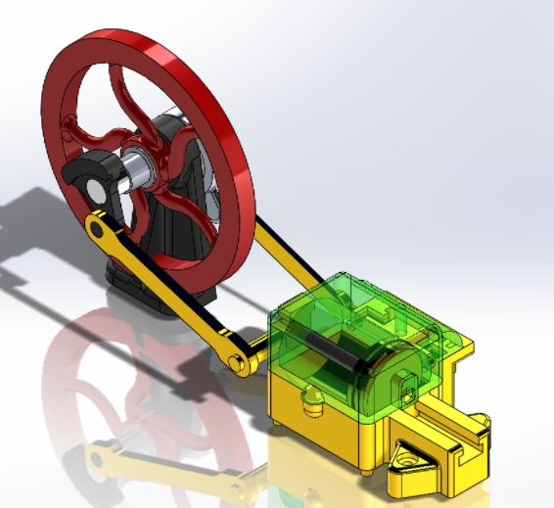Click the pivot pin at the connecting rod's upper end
(96, 230)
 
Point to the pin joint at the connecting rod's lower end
(239, 363)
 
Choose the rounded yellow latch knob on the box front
(314, 398)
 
